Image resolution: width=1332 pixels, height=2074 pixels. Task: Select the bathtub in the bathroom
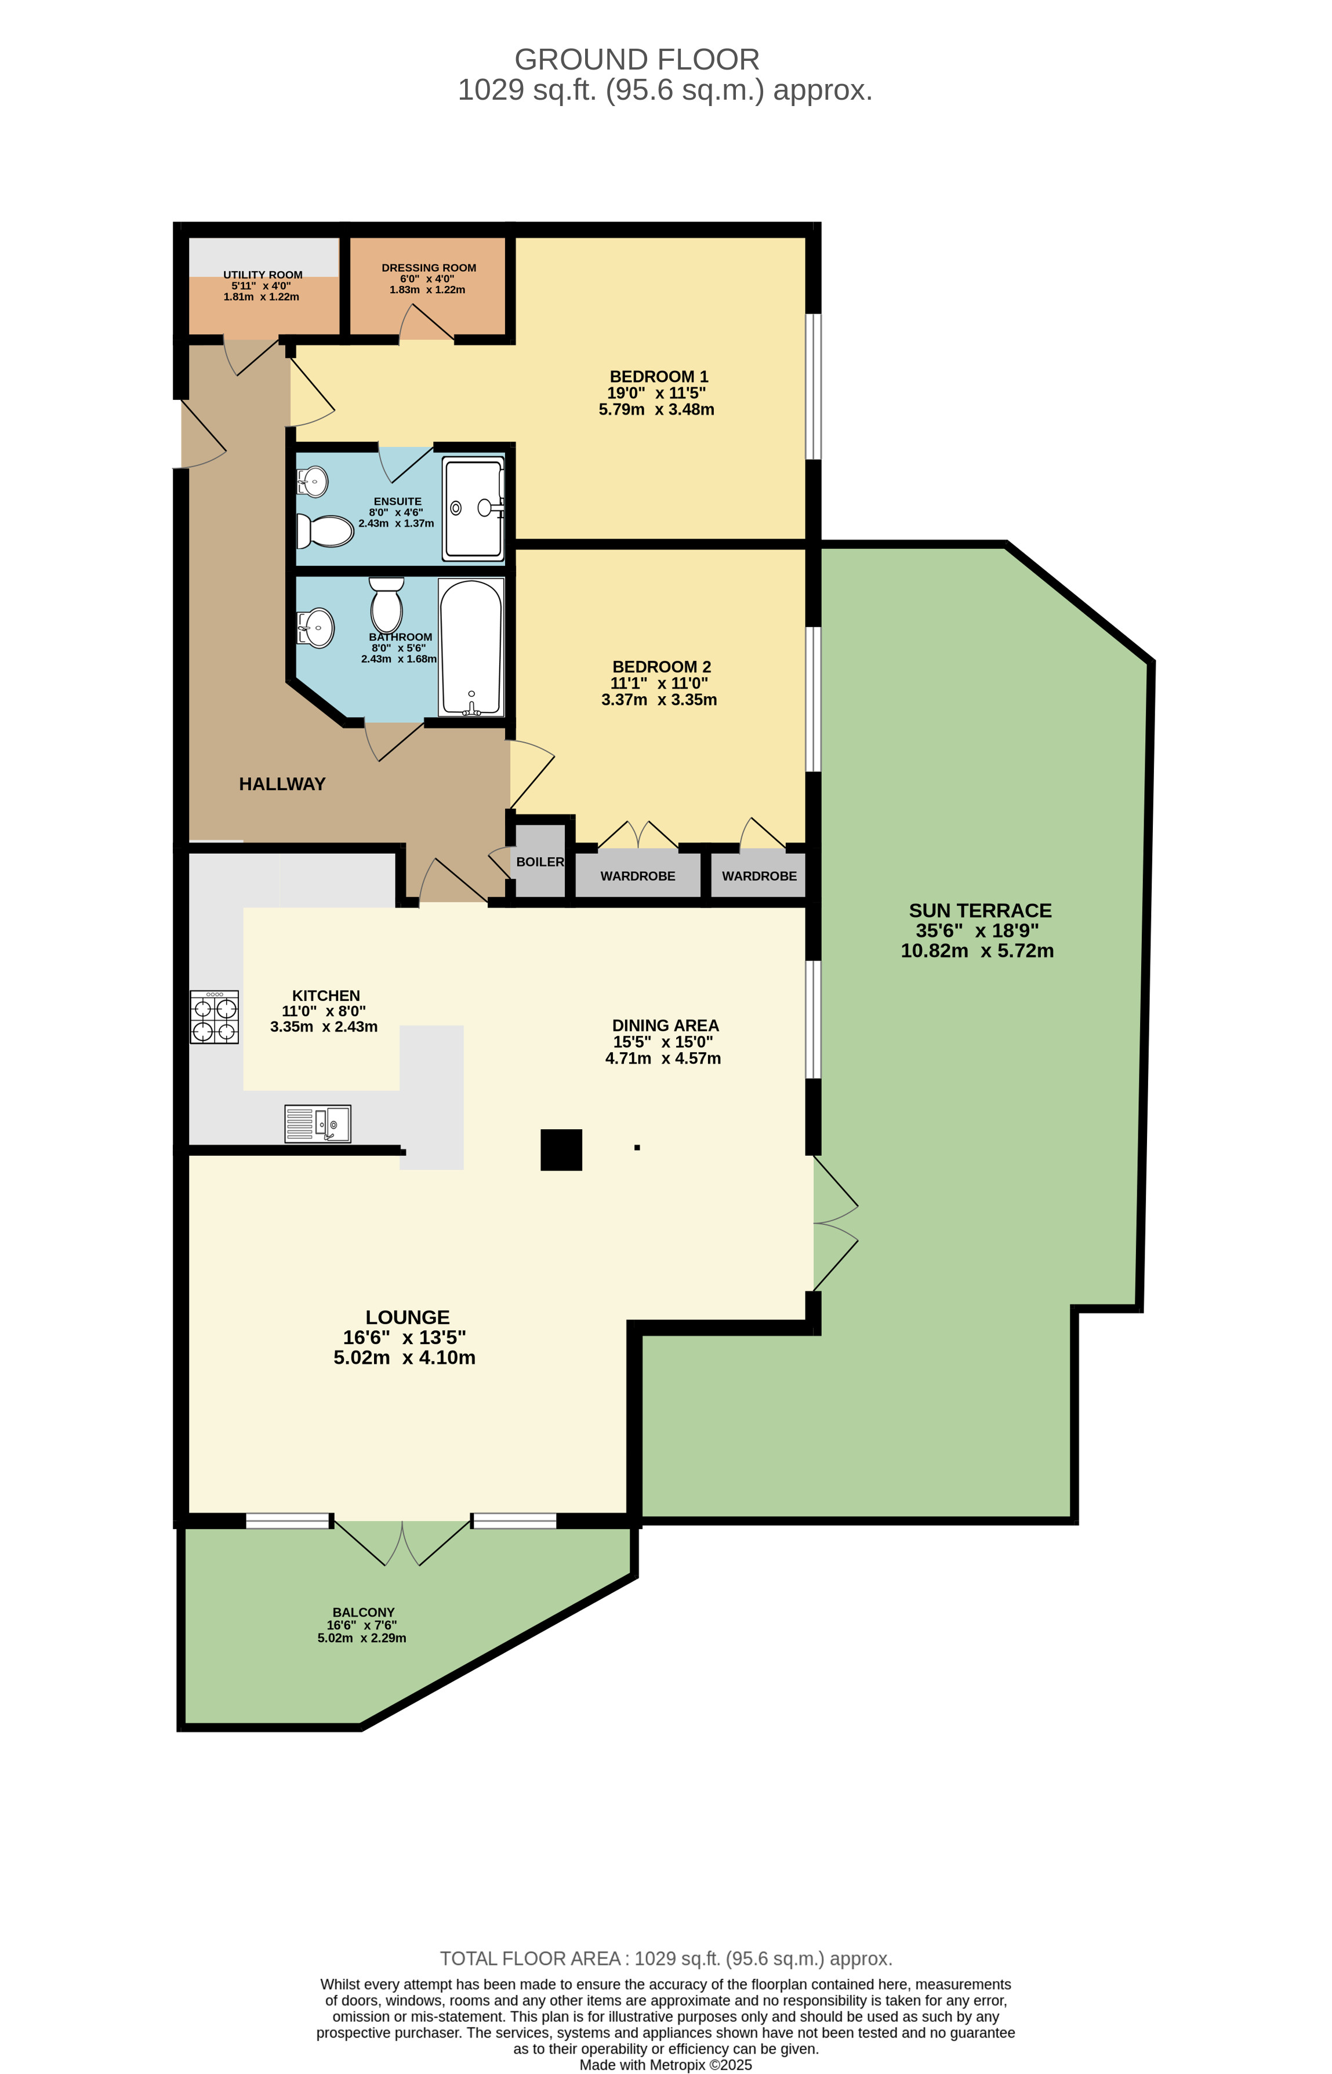pyautogui.click(x=470, y=647)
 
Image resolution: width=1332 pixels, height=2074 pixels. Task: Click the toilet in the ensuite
pyautogui.click(x=325, y=531)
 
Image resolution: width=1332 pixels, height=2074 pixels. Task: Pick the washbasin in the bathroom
pyautogui.click(x=317, y=628)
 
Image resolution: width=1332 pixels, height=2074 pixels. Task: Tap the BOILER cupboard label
pyautogui.click(x=540, y=862)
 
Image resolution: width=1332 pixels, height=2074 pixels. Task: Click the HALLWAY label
pyautogui.click(x=282, y=784)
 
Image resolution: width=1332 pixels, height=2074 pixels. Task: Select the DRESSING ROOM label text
pyautogui.click(x=429, y=268)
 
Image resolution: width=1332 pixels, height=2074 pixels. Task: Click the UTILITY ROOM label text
pyautogui.click(x=263, y=275)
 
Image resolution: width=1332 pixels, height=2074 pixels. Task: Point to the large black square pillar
pyautogui.click(x=561, y=1150)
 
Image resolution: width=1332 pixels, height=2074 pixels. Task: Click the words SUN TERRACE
pyautogui.click(x=980, y=911)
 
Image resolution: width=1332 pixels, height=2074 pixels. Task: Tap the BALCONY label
pyautogui.click(x=363, y=1613)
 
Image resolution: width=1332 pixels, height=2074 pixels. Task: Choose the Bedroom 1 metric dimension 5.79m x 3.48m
pyautogui.click(x=656, y=410)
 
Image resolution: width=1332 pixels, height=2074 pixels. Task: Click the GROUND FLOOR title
pyautogui.click(x=637, y=60)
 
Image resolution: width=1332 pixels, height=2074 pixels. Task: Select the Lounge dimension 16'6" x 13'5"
pyautogui.click(x=405, y=1337)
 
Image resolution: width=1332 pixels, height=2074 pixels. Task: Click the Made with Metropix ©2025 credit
pyautogui.click(x=665, y=2065)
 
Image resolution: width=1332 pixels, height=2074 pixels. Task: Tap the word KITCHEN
pyautogui.click(x=326, y=996)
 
